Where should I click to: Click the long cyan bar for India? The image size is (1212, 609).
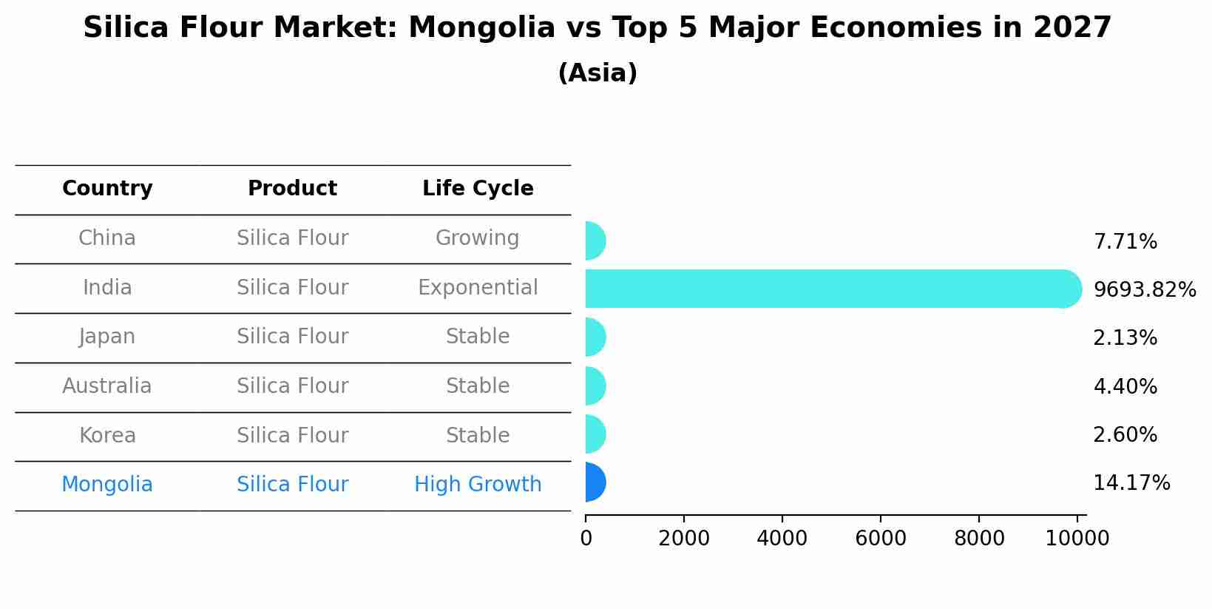tap(828, 289)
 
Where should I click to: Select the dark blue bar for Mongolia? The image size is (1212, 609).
tap(595, 482)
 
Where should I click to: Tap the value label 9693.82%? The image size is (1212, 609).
tap(1144, 290)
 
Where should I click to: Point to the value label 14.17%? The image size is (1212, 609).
tap(1131, 483)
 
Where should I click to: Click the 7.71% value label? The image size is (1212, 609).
tap(1125, 242)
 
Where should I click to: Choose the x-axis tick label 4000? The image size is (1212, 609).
tap(782, 539)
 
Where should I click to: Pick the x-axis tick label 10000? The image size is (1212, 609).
tap(1077, 539)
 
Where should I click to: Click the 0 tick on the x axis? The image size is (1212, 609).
tap(586, 539)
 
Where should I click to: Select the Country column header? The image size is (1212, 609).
tap(107, 189)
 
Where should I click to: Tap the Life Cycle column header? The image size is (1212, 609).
tap(478, 189)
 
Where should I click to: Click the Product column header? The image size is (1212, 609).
tap(292, 189)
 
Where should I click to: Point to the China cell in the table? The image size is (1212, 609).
tap(107, 238)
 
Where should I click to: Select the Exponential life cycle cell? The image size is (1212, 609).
tap(478, 288)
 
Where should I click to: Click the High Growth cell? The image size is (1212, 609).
tap(478, 485)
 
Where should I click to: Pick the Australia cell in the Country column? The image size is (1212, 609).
tap(107, 386)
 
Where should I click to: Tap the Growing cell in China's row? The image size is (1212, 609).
tap(478, 238)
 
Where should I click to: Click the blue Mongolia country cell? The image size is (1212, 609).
tap(107, 485)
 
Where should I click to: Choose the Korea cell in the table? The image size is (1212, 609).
tap(107, 436)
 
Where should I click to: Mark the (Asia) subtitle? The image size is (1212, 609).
tap(597, 73)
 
